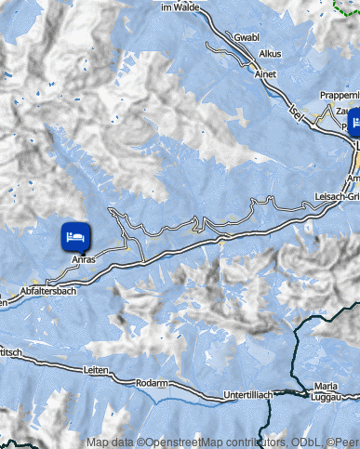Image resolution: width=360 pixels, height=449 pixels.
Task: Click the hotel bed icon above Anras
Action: point(76,236)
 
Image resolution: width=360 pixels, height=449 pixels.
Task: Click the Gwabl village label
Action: point(247,37)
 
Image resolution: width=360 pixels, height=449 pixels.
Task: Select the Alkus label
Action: point(271,54)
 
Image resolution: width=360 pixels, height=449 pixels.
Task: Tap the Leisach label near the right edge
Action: point(334,196)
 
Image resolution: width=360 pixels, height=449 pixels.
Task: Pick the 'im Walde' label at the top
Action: point(180,7)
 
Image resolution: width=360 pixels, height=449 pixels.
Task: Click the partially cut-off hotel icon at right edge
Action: point(354,122)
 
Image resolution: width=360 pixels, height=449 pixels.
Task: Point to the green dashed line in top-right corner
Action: point(345,7)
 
